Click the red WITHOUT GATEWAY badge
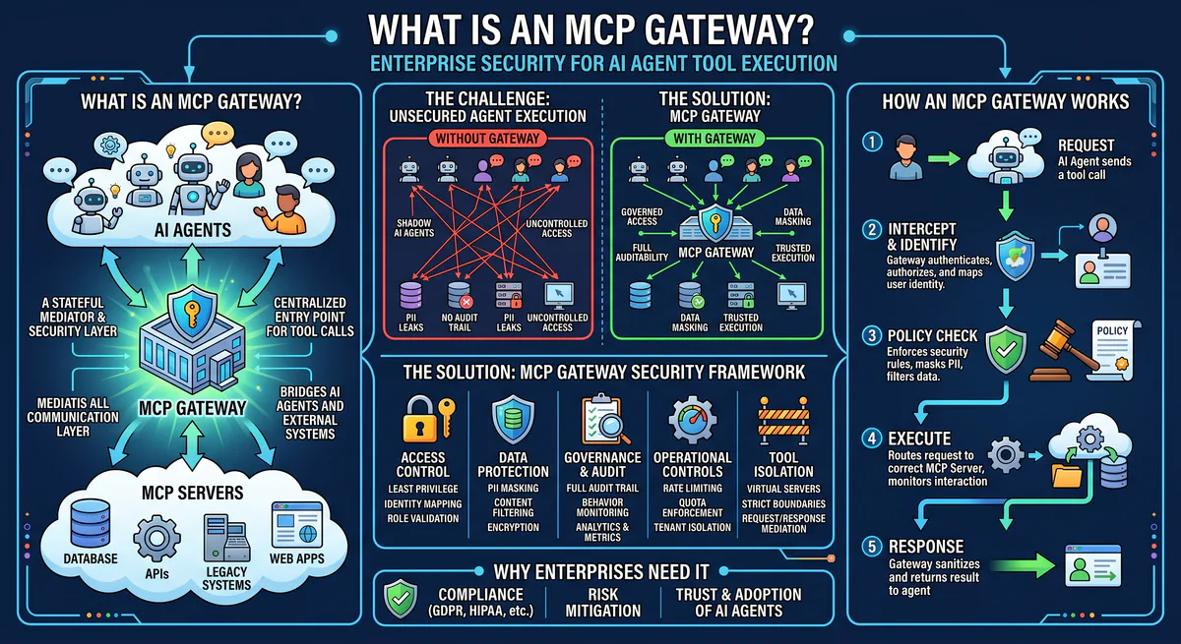coord(484,138)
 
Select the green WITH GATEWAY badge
coord(715,138)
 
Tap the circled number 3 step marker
coord(870,334)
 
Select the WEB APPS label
coord(297,558)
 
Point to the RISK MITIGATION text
coord(603,602)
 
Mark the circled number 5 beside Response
coord(870,545)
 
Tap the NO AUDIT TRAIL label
coord(460,322)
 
